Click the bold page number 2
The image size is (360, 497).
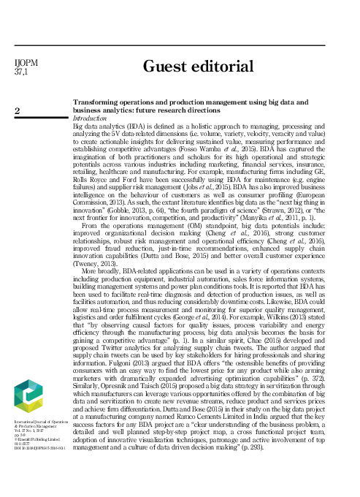18,110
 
